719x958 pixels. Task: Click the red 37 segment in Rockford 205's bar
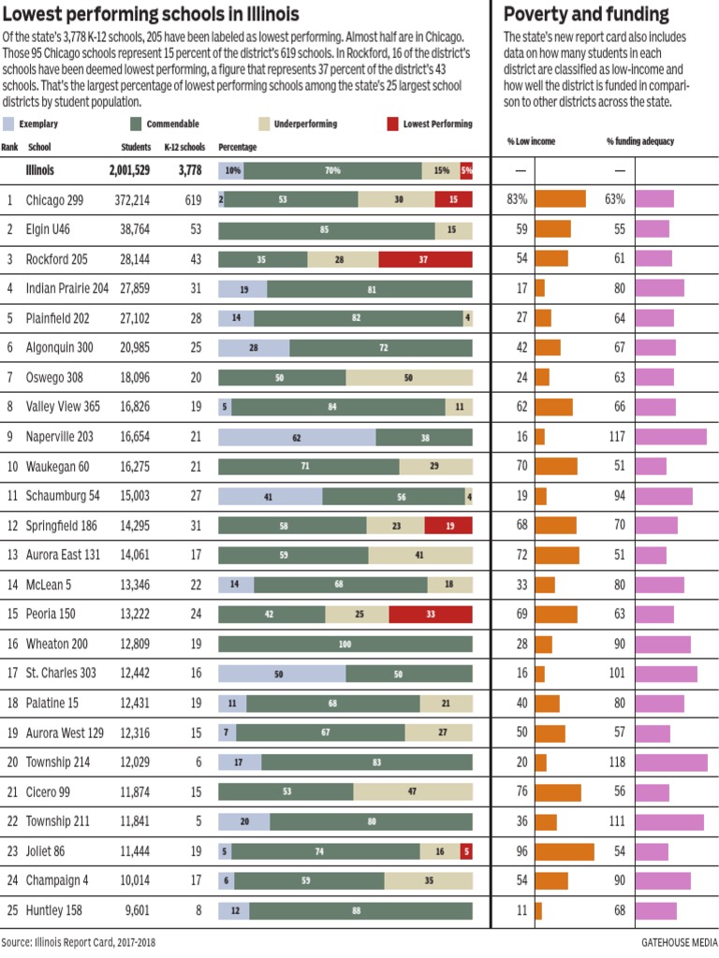[x=425, y=260]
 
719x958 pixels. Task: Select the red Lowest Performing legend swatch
[x=392, y=123]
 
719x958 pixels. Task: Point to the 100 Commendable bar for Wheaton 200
[x=345, y=644]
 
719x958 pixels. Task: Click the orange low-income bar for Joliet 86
[x=564, y=851]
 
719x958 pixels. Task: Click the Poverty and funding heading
[x=586, y=14]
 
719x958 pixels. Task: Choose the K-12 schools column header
[x=184, y=147]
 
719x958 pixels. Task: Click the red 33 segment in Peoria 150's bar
[x=430, y=614]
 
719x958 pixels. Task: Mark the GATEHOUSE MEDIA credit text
[x=679, y=942]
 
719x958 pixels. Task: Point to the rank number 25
[x=10, y=910]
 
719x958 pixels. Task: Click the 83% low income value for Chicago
[x=518, y=200]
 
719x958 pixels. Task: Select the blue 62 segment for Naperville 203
[x=297, y=436]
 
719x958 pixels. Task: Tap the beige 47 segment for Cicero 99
[x=413, y=791]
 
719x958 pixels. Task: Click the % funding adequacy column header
[x=640, y=141]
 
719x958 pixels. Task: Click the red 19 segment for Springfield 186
[x=448, y=526]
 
